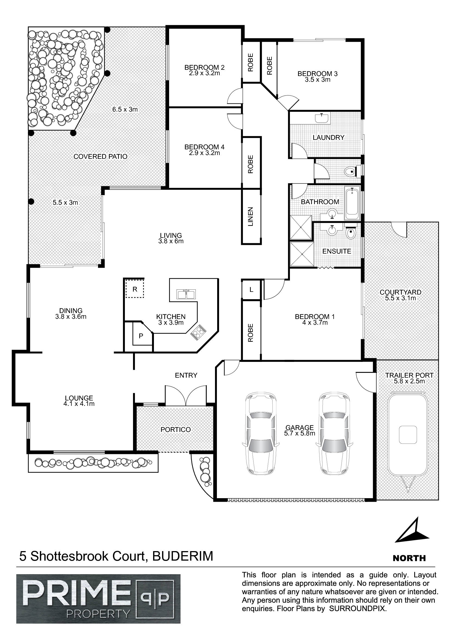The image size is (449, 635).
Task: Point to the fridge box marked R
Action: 135,289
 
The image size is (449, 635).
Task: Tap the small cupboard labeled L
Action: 251,290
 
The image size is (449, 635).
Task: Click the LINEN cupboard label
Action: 251,217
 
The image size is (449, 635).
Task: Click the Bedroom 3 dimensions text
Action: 318,80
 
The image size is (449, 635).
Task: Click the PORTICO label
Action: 176,429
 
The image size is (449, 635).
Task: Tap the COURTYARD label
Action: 400,292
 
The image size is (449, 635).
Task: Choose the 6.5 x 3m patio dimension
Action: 125,109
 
